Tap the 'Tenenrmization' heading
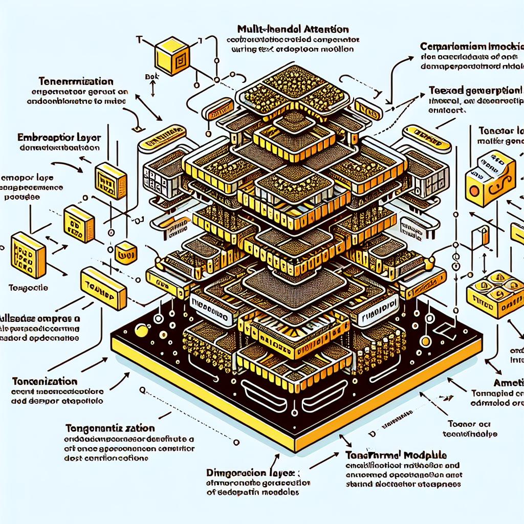[75, 81]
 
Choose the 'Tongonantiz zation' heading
[111, 427]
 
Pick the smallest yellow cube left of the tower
[125, 252]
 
